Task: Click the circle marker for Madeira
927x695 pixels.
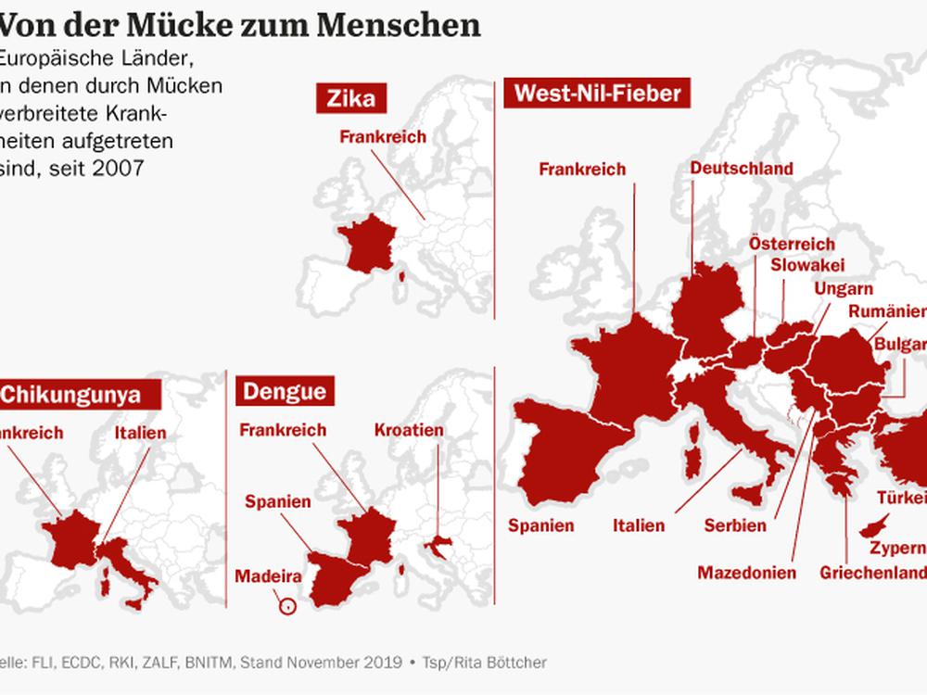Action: point(287,607)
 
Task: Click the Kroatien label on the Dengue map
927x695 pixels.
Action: point(409,431)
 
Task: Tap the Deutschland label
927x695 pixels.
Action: point(741,169)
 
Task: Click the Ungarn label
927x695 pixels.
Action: point(837,287)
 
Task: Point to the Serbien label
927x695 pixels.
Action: point(734,525)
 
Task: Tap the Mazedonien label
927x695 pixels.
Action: point(747,573)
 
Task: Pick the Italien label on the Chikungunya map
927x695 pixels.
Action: point(141,433)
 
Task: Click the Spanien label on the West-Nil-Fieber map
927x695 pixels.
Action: point(541,525)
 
